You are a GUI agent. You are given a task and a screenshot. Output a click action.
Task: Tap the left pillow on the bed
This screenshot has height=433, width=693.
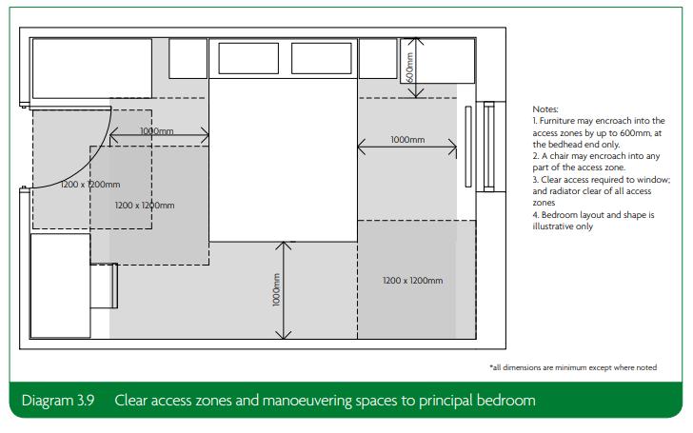[x=248, y=58]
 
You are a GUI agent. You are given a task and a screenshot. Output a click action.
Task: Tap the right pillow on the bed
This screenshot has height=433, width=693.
[x=322, y=58]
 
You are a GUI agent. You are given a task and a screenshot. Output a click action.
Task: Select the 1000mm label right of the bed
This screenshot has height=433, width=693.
[x=407, y=140]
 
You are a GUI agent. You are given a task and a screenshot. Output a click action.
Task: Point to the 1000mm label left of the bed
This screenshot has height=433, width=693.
[x=159, y=130]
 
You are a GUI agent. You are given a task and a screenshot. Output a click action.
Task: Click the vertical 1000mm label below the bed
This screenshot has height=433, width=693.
[x=275, y=289]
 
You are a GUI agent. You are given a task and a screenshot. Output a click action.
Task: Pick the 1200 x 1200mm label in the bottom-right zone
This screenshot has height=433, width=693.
[x=412, y=281]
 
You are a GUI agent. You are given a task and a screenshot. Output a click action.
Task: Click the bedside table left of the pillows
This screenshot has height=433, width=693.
[x=188, y=58]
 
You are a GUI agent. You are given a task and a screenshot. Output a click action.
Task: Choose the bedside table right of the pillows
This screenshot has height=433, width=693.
[x=377, y=58]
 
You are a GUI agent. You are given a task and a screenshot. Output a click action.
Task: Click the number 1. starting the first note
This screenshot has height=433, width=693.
[x=536, y=121]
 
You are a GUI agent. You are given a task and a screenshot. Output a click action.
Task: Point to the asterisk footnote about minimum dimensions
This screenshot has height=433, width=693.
[x=572, y=367]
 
